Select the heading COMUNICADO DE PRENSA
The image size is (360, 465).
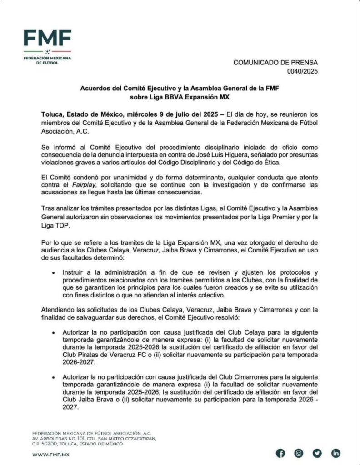tap(276, 63)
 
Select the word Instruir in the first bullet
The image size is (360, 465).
tap(76, 272)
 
